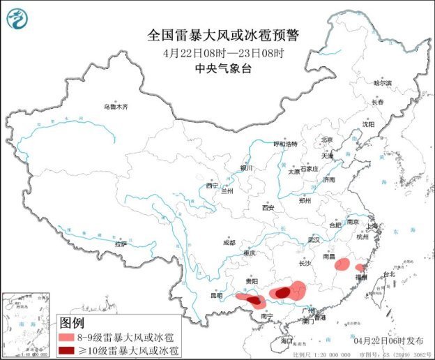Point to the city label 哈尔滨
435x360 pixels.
[x=383, y=83]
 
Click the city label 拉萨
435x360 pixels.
[x=121, y=243]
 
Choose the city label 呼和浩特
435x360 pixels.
[x=285, y=144]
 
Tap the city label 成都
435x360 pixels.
[x=229, y=243]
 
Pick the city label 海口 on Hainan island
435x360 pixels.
[x=287, y=340]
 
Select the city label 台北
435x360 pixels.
[x=388, y=274]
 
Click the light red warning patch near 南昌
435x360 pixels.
[x=342, y=265]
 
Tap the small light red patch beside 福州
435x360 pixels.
[x=360, y=268]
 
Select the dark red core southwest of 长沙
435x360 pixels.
[x=282, y=294]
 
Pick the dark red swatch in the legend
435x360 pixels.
[x=70, y=350]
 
